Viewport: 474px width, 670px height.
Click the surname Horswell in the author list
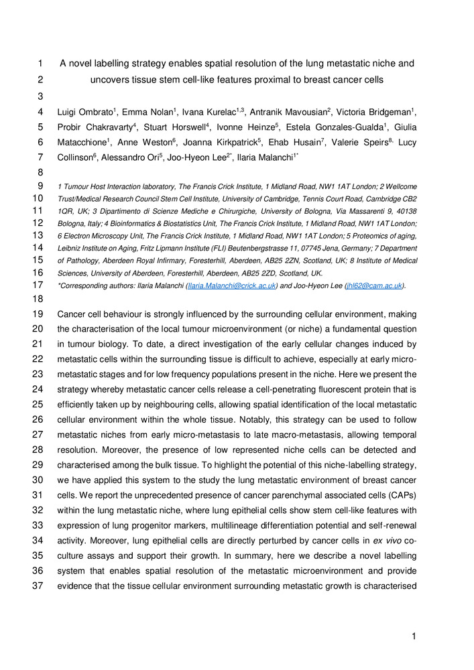(x=187, y=127)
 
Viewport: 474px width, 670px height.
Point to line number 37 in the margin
(x=41, y=571)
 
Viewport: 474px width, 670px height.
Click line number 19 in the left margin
(x=41, y=314)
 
